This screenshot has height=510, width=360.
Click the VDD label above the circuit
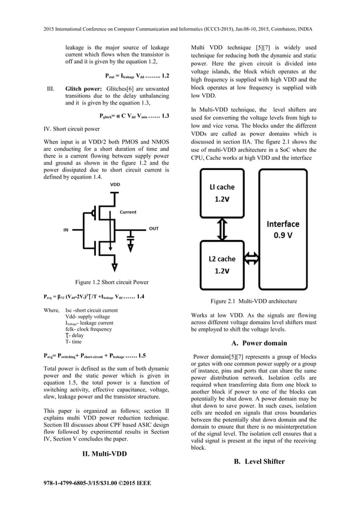pyautogui.click(x=115, y=185)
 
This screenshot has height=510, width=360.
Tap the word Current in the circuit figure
pyautogui.click(x=128, y=212)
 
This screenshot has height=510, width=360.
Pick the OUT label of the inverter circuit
pyautogui.click(x=153, y=229)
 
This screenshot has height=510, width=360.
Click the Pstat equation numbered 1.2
pyautogui.click(x=137, y=75)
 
